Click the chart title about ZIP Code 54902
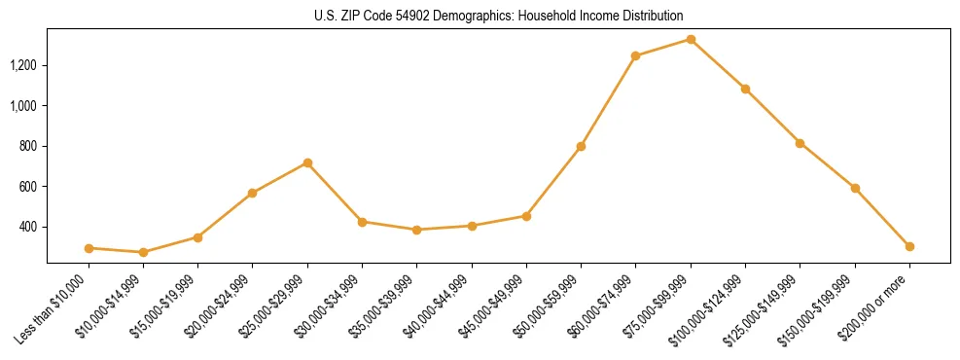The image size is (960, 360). (498, 16)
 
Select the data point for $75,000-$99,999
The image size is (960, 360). (691, 39)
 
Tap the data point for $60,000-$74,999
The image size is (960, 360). (635, 55)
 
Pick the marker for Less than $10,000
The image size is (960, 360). (89, 248)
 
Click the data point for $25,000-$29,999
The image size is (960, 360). (307, 162)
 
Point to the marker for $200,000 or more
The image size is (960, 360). (909, 246)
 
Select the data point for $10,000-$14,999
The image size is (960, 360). (143, 252)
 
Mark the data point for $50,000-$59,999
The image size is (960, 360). (581, 146)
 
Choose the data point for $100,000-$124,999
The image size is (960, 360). (745, 89)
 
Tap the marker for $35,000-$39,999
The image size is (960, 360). (416, 230)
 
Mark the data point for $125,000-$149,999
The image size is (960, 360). (800, 143)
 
